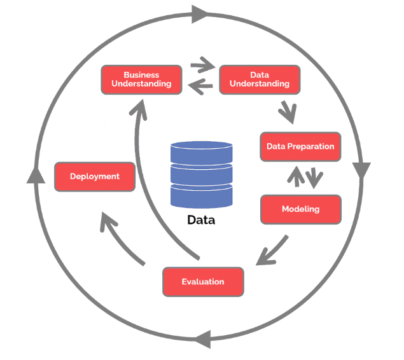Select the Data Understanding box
click(259, 80)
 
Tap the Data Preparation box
click(300, 146)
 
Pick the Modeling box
click(300, 209)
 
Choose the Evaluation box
click(203, 281)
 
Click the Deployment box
click(95, 176)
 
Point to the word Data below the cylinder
click(201, 221)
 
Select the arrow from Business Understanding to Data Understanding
click(202, 65)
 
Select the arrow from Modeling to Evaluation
click(272, 252)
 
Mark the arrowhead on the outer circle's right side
click(361, 170)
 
